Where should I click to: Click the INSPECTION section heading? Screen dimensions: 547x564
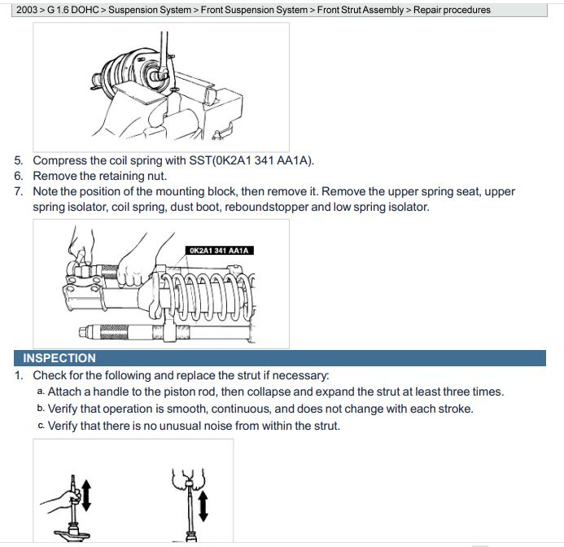(x=59, y=358)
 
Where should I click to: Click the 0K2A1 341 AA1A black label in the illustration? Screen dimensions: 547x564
(x=218, y=251)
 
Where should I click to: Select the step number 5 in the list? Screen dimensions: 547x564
(x=19, y=161)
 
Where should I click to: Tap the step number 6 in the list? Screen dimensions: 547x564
(x=19, y=176)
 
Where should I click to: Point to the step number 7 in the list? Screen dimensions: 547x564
(x=19, y=191)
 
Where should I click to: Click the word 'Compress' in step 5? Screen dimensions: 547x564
(x=60, y=161)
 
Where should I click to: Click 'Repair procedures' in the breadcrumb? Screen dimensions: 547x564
(x=452, y=11)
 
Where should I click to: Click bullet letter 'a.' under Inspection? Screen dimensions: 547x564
(x=41, y=392)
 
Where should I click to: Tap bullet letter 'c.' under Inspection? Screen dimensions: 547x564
(x=41, y=426)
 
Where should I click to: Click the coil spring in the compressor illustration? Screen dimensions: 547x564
(x=212, y=297)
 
